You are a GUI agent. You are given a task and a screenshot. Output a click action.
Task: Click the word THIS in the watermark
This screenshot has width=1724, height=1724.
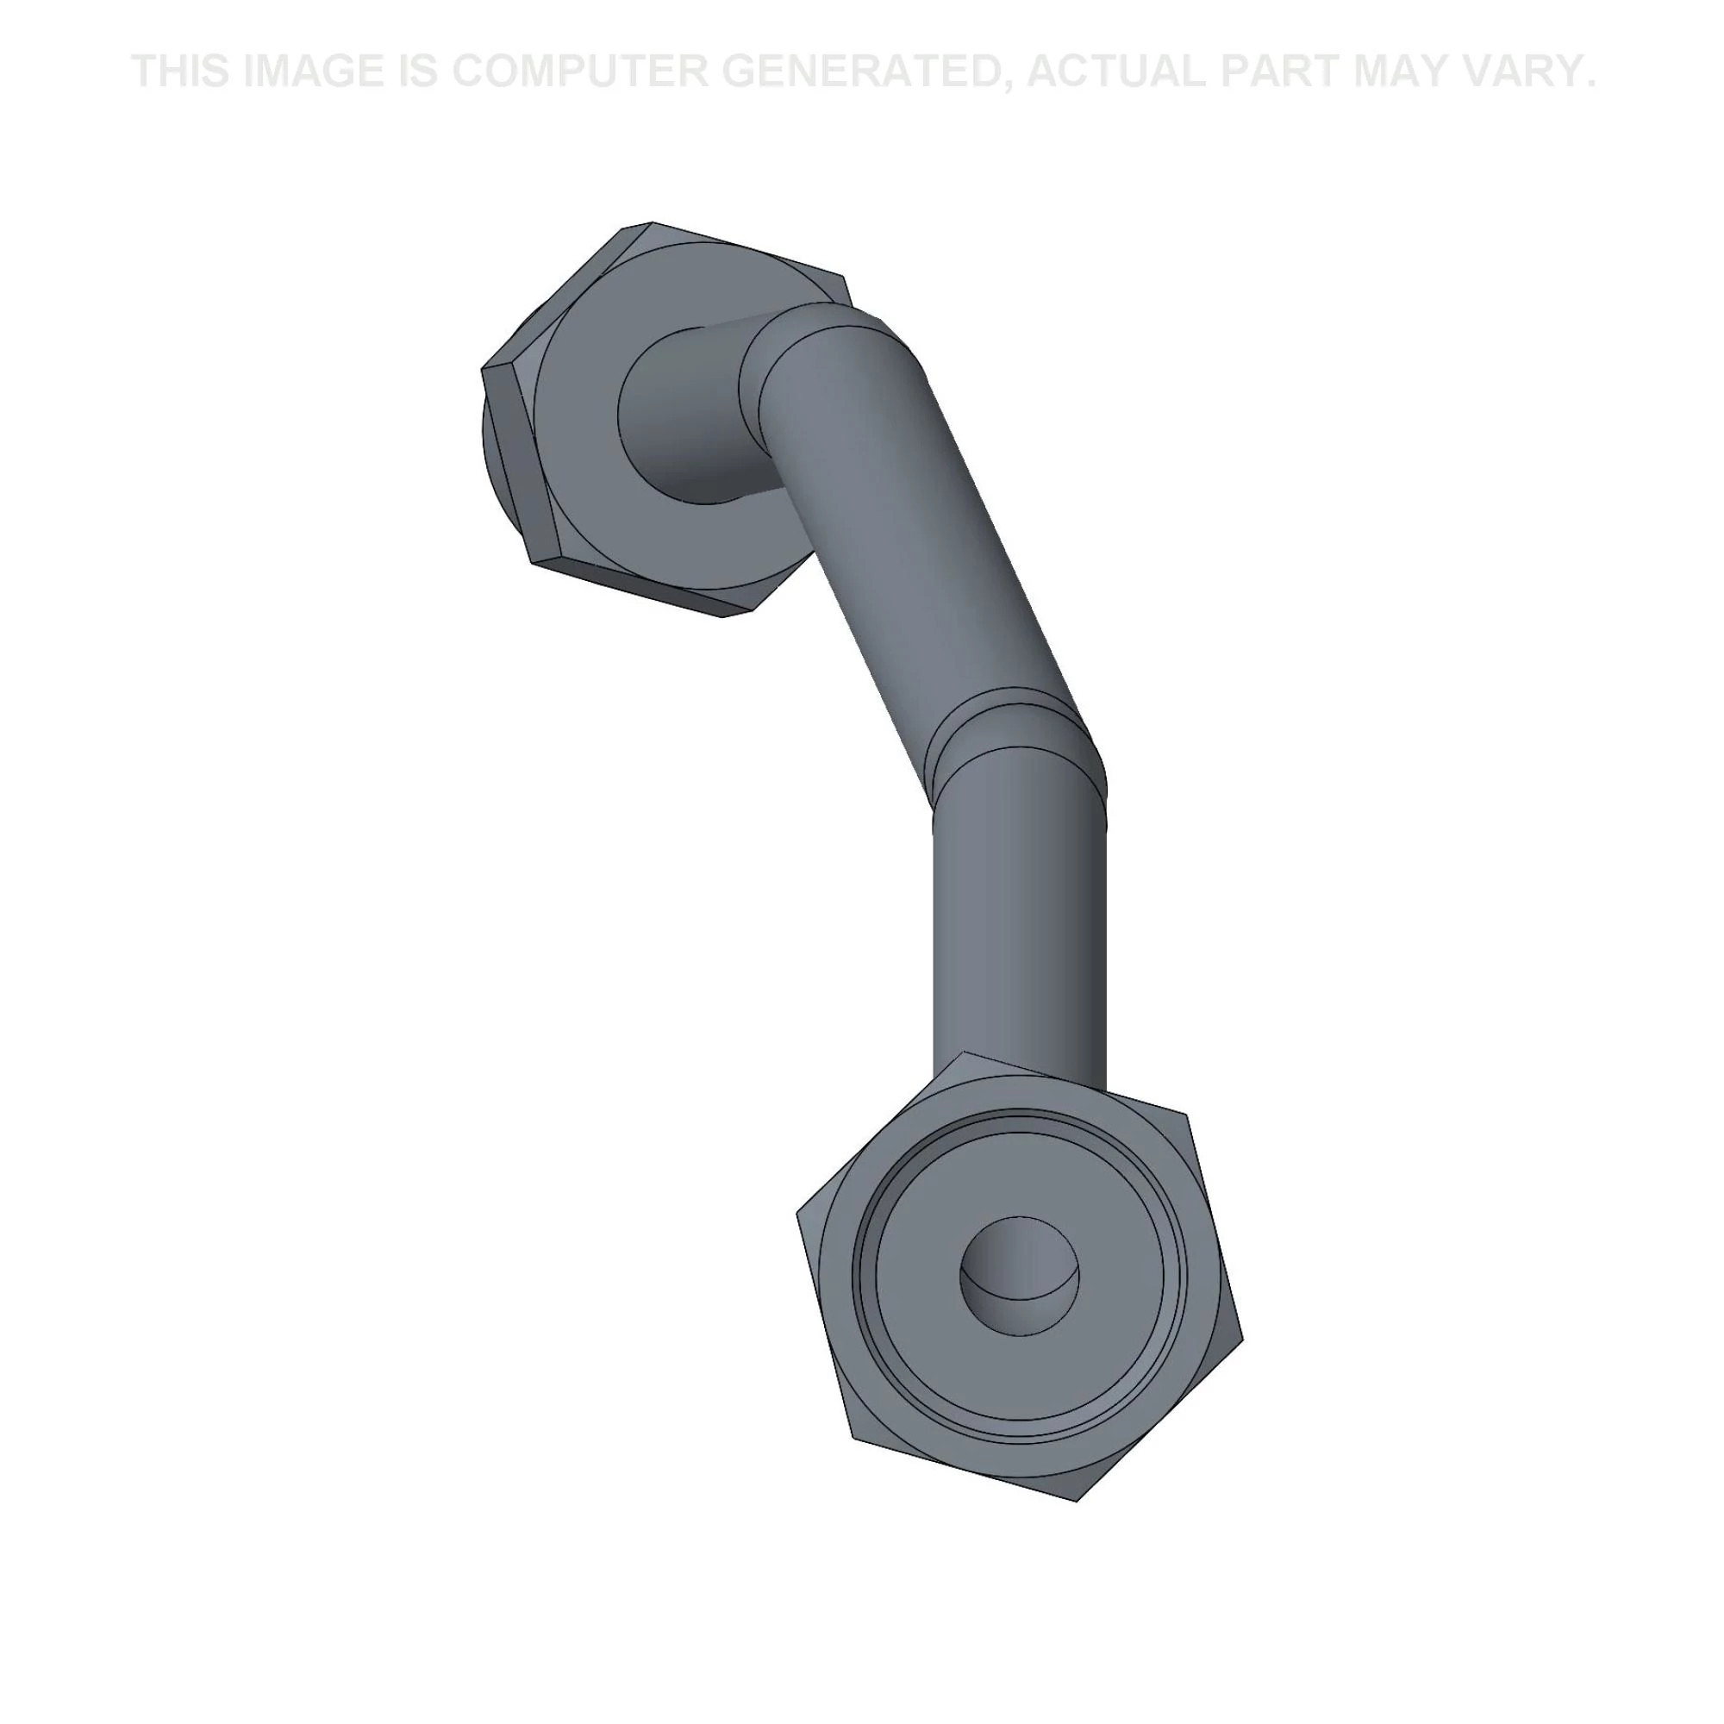coord(180,72)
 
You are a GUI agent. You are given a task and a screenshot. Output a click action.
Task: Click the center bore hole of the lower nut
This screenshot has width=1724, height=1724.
coord(1019,1277)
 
